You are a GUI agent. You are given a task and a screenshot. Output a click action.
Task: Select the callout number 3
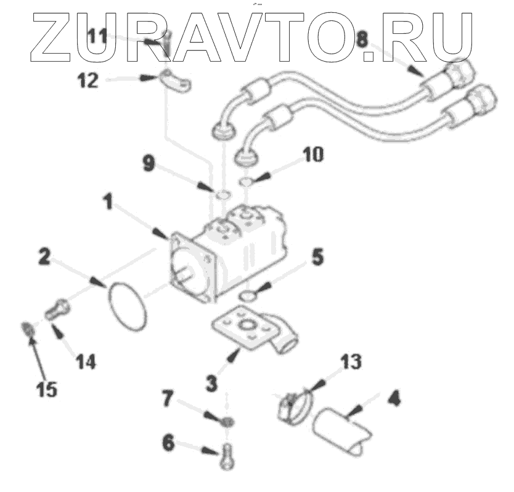211,383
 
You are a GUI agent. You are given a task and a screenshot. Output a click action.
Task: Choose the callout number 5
316,257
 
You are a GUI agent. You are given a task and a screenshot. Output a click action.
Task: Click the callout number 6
169,443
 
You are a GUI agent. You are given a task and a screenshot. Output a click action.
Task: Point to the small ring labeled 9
223,196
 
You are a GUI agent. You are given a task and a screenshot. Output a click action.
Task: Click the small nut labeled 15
27,327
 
